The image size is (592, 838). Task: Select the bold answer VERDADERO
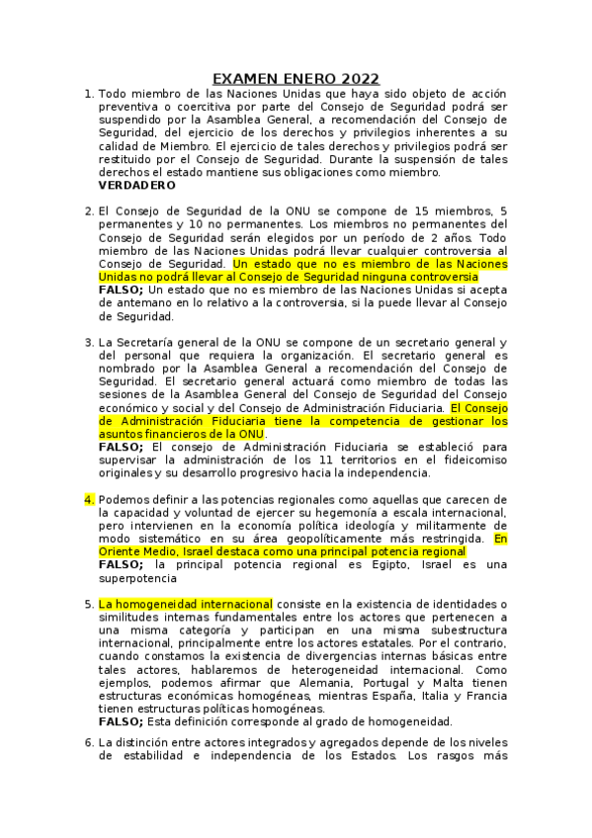tap(137, 185)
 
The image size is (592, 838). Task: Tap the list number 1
tap(89, 94)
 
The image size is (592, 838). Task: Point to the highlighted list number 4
tap(89, 499)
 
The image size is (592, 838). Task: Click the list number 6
tap(89, 741)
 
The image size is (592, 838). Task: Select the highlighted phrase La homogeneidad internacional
tap(186, 603)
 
